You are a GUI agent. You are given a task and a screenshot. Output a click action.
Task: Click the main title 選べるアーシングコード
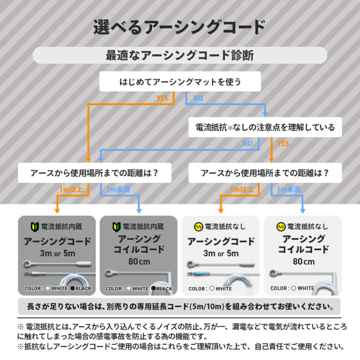(180, 27)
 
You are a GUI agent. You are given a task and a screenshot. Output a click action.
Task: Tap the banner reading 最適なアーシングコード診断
(180, 55)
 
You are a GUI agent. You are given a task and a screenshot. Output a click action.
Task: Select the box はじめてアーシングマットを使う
(180, 82)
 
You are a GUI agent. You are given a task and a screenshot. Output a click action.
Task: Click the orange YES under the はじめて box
(162, 98)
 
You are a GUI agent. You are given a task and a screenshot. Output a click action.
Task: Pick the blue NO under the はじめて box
(198, 98)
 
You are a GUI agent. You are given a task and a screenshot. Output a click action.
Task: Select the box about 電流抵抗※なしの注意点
(265, 127)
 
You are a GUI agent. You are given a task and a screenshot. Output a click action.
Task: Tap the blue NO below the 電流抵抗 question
(247, 143)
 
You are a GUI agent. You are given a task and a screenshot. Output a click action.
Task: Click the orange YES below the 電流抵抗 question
(283, 143)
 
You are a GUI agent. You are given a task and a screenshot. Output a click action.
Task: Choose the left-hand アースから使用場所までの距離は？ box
(94, 172)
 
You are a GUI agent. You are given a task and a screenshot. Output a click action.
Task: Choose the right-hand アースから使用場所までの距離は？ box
(265, 172)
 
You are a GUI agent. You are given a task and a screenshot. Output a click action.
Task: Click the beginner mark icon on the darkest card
(34, 227)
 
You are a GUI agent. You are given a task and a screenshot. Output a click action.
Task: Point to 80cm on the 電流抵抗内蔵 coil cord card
(139, 261)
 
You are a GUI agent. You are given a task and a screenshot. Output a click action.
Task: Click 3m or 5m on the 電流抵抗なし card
(220, 254)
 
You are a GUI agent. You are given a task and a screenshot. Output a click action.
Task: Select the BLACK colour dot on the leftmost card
(73, 288)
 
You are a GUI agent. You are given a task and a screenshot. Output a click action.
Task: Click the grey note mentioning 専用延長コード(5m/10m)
(180, 307)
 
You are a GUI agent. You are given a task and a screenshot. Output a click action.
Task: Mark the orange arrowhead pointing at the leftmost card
(57, 210)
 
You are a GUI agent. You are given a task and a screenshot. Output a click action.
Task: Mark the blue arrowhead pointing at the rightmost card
(303, 210)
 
